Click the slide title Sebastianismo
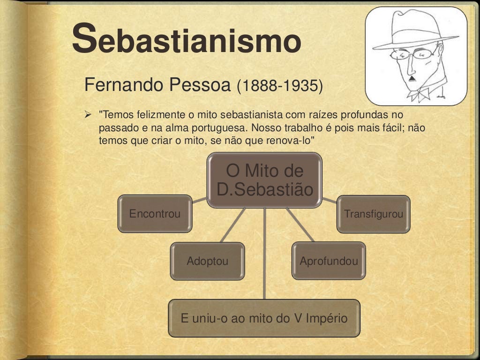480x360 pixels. coord(186,40)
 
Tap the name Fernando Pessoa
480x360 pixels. coord(157,85)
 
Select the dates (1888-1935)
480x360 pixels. coord(280,86)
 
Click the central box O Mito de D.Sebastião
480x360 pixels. coord(264,180)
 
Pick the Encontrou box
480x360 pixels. coord(155,214)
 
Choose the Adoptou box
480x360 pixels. coord(207,261)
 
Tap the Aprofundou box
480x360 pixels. coord(329,261)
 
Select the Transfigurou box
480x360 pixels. coord(373,214)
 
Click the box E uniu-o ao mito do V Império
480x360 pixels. coord(264,319)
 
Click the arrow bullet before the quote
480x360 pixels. coord(88,114)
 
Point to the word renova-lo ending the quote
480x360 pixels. coord(298,140)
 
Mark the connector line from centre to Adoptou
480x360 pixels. coord(233,225)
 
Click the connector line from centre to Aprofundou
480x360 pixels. coord(300,225)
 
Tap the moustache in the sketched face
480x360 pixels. coord(412,78)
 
